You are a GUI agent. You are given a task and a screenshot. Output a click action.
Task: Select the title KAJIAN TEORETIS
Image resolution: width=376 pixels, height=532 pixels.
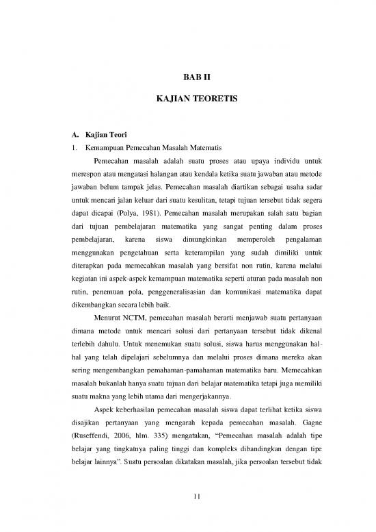[187, 99]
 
